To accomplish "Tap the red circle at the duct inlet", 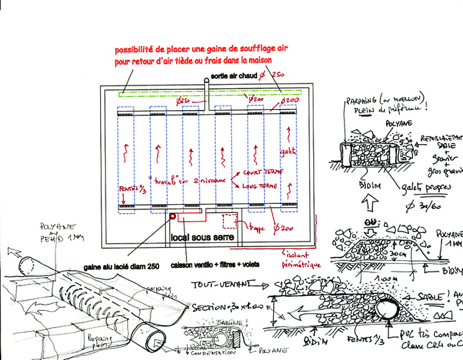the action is pyautogui.click(x=172, y=217).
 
